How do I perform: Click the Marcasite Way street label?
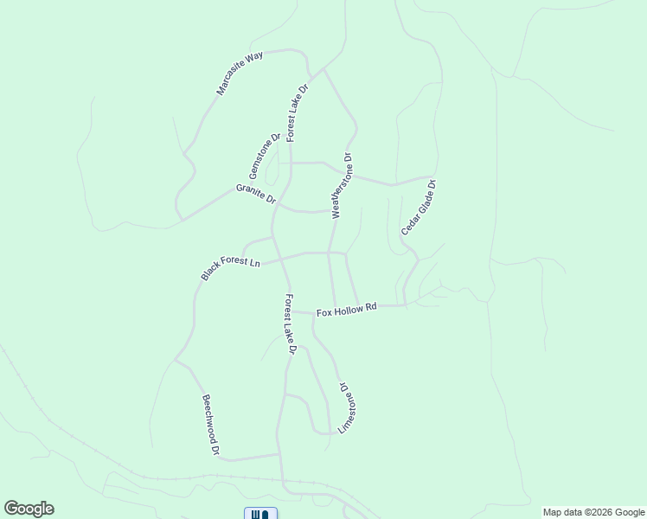pyautogui.click(x=240, y=74)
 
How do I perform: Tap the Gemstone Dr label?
pyautogui.click(x=266, y=156)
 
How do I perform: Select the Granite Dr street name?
pyautogui.click(x=255, y=194)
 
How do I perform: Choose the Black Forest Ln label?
pyautogui.click(x=230, y=267)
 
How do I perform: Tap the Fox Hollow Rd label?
pyautogui.click(x=347, y=309)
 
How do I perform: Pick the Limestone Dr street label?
pyautogui.click(x=348, y=408)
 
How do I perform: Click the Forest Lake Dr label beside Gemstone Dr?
pyautogui.click(x=298, y=113)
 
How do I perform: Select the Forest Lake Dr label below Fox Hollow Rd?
pyautogui.click(x=291, y=324)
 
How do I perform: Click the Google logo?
pyautogui.click(x=29, y=509)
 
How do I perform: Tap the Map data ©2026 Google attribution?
pyautogui.click(x=593, y=512)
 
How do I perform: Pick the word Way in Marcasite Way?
pyautogui.click(x=253, y=60)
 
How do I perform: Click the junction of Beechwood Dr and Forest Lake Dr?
pyautogui.click(x=279, y=453)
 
